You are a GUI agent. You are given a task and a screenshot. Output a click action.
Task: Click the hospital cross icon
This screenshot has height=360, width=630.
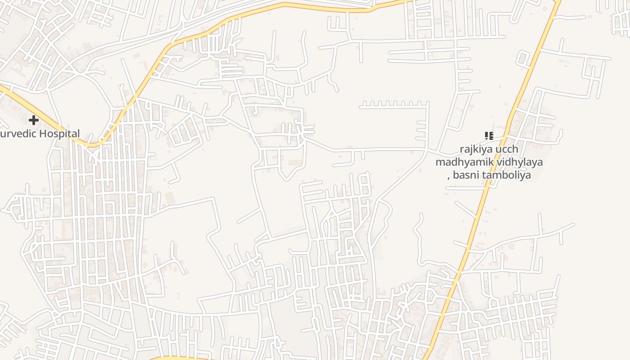(x=34, y=120)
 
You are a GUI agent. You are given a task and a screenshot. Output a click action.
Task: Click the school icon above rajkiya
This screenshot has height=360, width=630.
(x=489, y=135)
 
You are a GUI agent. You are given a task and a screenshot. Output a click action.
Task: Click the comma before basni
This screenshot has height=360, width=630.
(x=449, y=177)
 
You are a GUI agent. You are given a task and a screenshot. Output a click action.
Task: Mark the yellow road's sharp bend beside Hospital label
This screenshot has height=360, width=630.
(x=91, y=145)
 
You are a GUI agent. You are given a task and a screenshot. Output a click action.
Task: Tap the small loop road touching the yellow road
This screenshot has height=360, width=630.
(x=523, y=58)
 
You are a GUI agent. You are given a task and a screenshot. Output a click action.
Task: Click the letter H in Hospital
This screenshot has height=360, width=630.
(x=42, y=134)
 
